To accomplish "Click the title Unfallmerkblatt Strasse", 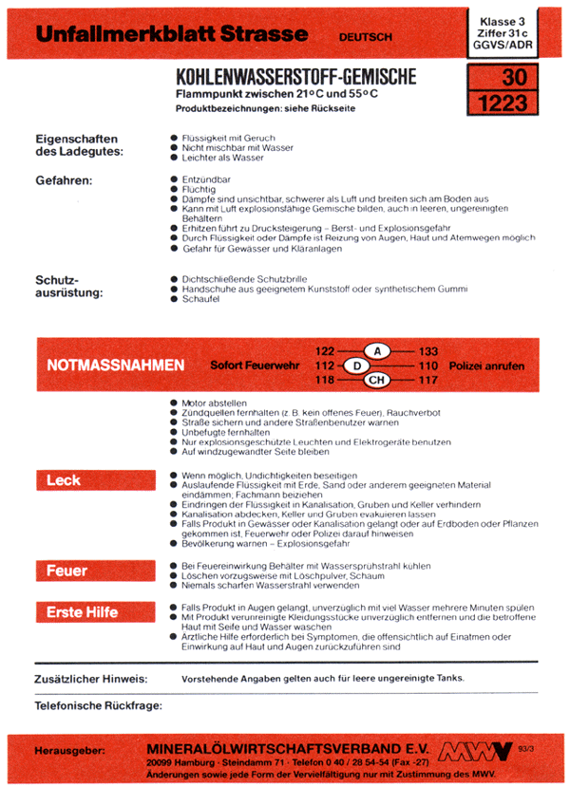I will click(x=171, y=35).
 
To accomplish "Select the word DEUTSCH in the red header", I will click(x=366, y=37).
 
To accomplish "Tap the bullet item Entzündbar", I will click(x=206, y=179).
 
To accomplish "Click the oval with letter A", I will click(x=377, y=351).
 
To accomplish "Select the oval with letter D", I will click(x=355, y=365).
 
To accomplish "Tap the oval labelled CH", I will click(x=377, y=381).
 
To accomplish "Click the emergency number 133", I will click(x=427, y=351).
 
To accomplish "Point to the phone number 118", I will click(x=326, y=381).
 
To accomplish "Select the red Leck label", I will click(x=64, y=480).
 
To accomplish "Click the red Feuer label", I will click(x=67, y=571).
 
